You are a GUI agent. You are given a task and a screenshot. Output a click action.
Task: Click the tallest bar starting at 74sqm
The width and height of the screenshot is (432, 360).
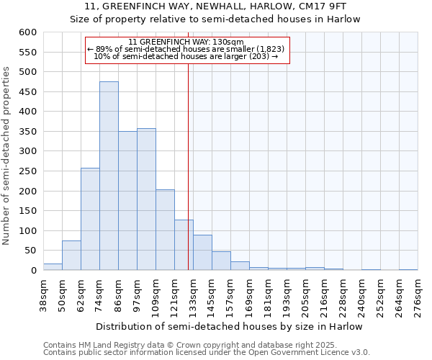[109, 176]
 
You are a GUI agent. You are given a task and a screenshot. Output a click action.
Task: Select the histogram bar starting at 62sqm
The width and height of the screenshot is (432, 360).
[90, 220]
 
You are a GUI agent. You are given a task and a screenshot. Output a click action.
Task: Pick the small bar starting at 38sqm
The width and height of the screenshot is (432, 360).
[53, 267]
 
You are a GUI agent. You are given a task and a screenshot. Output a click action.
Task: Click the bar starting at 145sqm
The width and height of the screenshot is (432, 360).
[221, 261]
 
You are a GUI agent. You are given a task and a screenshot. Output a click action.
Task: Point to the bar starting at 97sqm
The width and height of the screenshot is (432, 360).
[146, 199]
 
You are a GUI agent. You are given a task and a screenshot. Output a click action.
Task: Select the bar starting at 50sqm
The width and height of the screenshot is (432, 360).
[71, 256]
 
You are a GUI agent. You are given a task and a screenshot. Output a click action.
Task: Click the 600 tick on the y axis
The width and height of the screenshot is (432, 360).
[27, 32]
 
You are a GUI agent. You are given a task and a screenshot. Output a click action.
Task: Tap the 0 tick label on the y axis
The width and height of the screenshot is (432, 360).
[33, 271]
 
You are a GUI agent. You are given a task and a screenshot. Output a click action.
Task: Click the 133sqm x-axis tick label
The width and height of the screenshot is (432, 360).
[193, 295]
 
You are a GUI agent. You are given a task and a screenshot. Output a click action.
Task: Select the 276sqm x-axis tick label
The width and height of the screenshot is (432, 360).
[418, 295]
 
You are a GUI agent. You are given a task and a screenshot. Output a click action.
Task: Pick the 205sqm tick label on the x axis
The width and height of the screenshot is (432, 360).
[305, 295]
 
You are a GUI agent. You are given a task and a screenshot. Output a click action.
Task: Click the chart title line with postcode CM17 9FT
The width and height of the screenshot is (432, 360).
[215, 6]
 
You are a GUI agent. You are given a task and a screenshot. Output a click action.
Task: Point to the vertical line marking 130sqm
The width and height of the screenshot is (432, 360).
[188, 166]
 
